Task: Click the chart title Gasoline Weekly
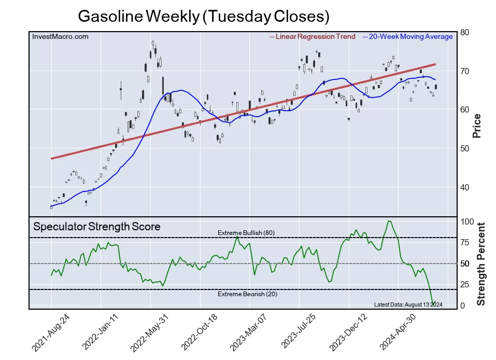click(x=204, y=17)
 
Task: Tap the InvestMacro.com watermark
click(x=60, y=36)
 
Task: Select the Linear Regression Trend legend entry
click(x=313, y=36)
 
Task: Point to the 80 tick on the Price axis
click(x=465, y=32)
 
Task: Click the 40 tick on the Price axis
click(x=465, y=187)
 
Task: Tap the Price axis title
click(x=477, y=126)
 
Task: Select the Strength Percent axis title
click(x=480, y=264)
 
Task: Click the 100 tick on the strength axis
click(x=467, y=221)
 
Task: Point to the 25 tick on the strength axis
click(x=465, y=284)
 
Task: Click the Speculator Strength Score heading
click(x=97, y=227)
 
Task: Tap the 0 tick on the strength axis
click(x=463, y=306)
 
